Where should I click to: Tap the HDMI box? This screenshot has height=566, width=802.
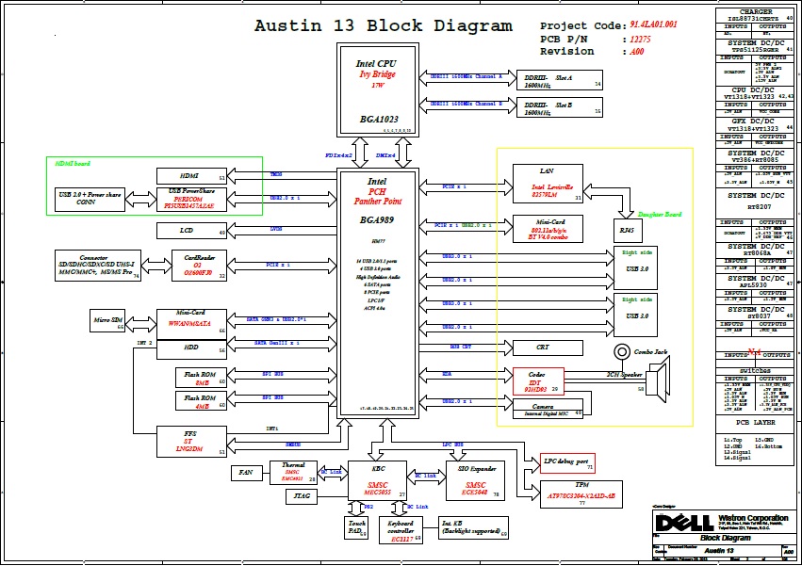point(191,175)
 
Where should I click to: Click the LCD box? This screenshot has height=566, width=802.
point(191,231)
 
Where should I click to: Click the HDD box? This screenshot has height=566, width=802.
point(191,348)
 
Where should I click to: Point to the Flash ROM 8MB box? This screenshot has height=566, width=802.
point(201,379)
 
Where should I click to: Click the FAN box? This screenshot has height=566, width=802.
point(245,472)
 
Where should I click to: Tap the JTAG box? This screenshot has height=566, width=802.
point(302,494)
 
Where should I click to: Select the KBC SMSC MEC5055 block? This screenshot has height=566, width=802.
point(377,479)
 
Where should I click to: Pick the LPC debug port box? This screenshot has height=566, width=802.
point(565,462)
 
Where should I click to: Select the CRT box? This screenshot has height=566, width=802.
point(543,348)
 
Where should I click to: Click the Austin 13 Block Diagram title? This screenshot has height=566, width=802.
point(384,26)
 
